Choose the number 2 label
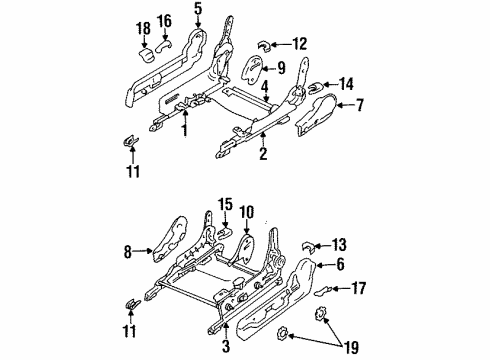click(263, 155)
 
